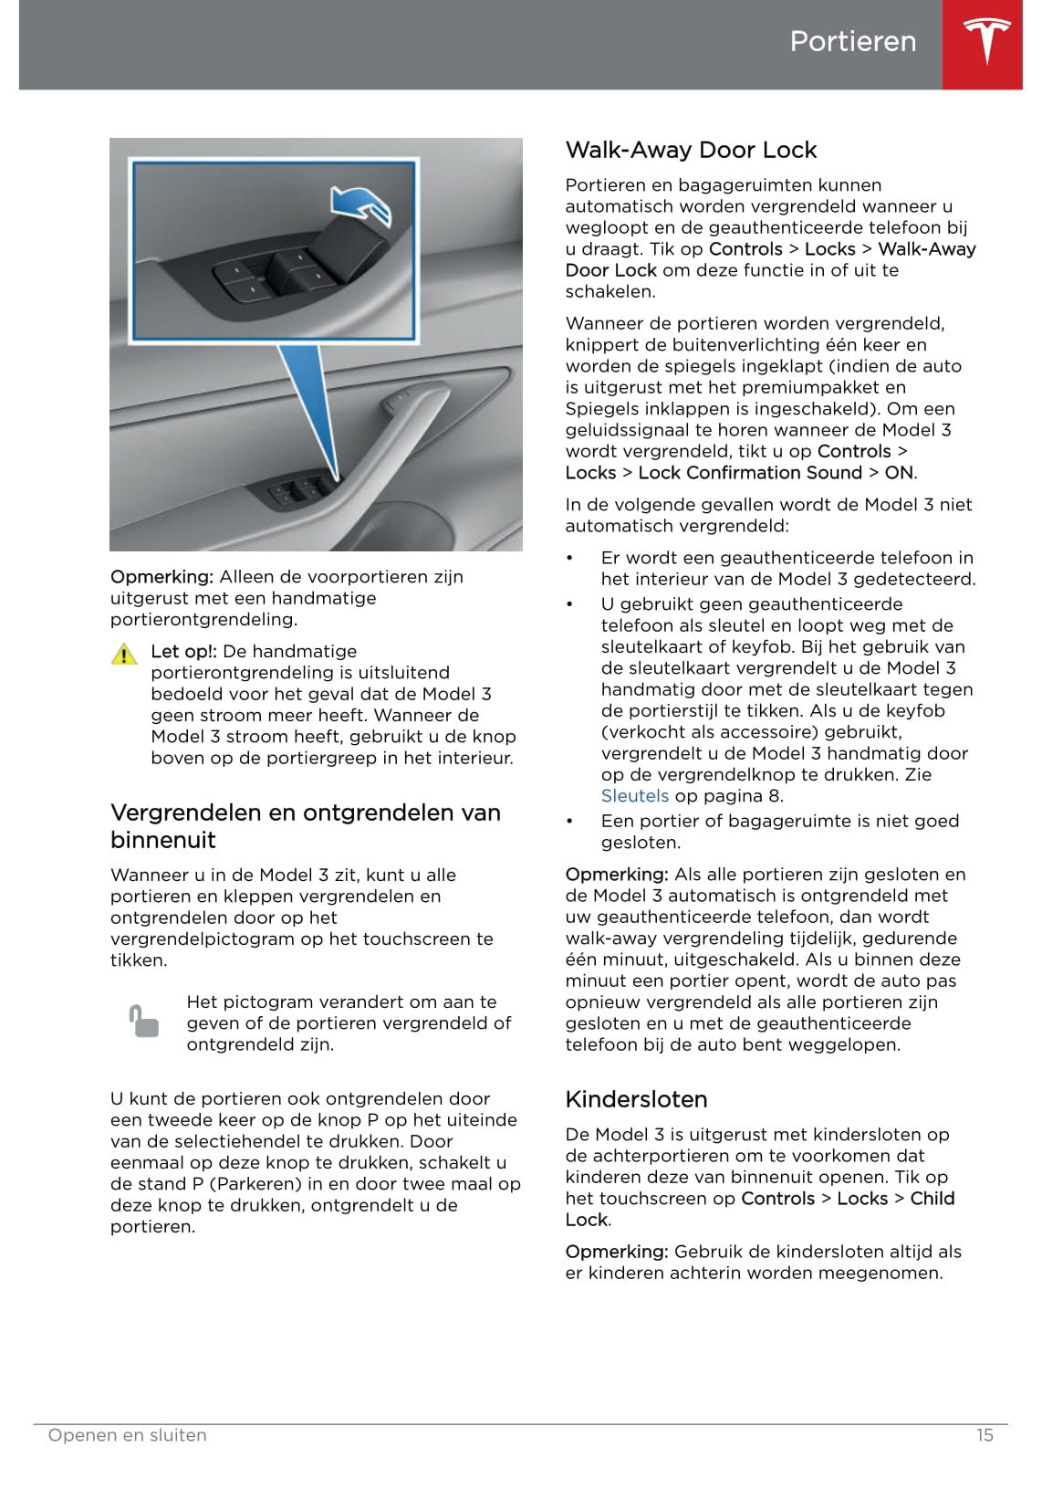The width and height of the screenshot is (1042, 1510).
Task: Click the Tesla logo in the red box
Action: point(986,41)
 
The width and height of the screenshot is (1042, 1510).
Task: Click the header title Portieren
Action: point(852,41)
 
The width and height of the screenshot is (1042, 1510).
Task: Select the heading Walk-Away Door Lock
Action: point(691,150)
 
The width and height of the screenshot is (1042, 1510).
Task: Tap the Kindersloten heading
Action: point(636,1099)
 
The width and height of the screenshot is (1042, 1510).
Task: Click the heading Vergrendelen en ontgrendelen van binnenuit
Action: point(305,826)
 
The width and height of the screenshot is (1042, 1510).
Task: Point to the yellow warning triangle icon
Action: point(124,654)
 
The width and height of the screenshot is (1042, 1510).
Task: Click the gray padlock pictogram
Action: point(143,1022)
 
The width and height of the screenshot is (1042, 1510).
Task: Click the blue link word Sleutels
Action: point(635,796)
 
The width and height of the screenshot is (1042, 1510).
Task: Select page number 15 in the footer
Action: point(985,1435)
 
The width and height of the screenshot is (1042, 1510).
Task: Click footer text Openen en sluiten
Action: point(128,1435)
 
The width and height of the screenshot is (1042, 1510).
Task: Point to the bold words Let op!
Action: point(183,652)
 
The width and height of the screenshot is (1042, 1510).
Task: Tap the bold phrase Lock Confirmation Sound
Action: point(750,473)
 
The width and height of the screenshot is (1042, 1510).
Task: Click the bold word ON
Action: point(899,473)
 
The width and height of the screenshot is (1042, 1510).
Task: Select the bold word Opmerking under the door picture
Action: point(162,577)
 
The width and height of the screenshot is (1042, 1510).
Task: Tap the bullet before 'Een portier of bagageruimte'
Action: point(570,822)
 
